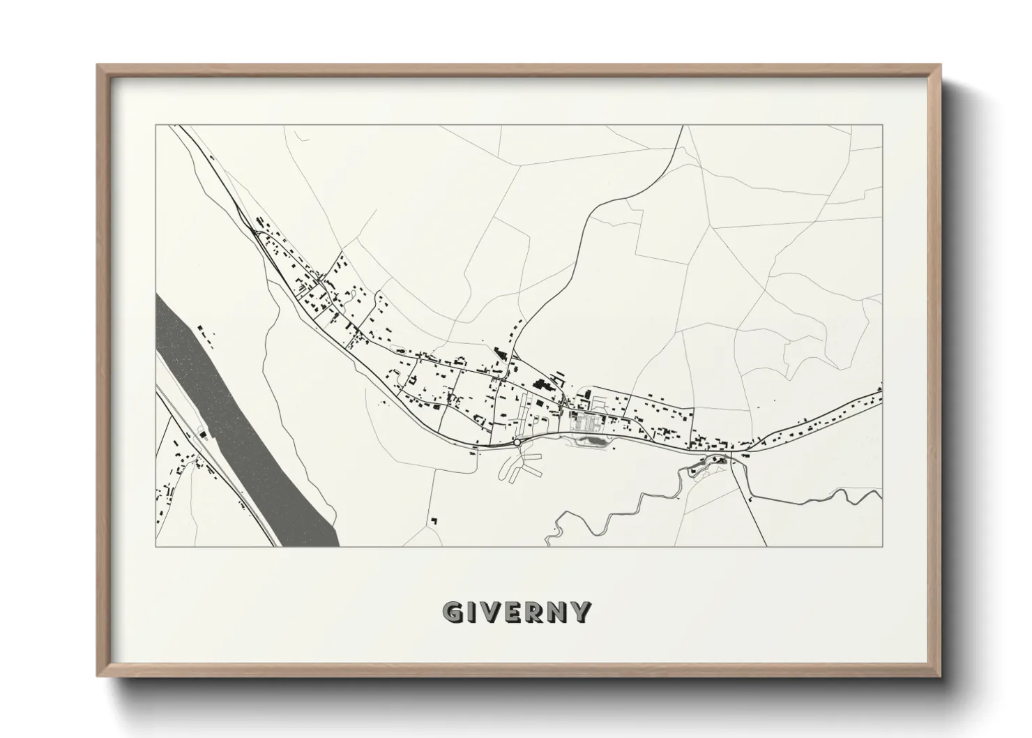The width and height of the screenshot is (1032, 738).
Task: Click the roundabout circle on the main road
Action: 517,442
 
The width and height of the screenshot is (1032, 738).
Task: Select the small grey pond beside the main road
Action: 593,440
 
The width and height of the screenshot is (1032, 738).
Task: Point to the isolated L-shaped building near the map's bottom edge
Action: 435,520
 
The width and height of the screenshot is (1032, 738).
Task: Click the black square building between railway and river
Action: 204,435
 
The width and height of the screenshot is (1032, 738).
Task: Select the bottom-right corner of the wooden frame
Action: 941,675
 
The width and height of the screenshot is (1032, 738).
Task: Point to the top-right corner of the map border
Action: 882,126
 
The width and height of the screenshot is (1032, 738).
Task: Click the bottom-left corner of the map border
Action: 155,546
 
